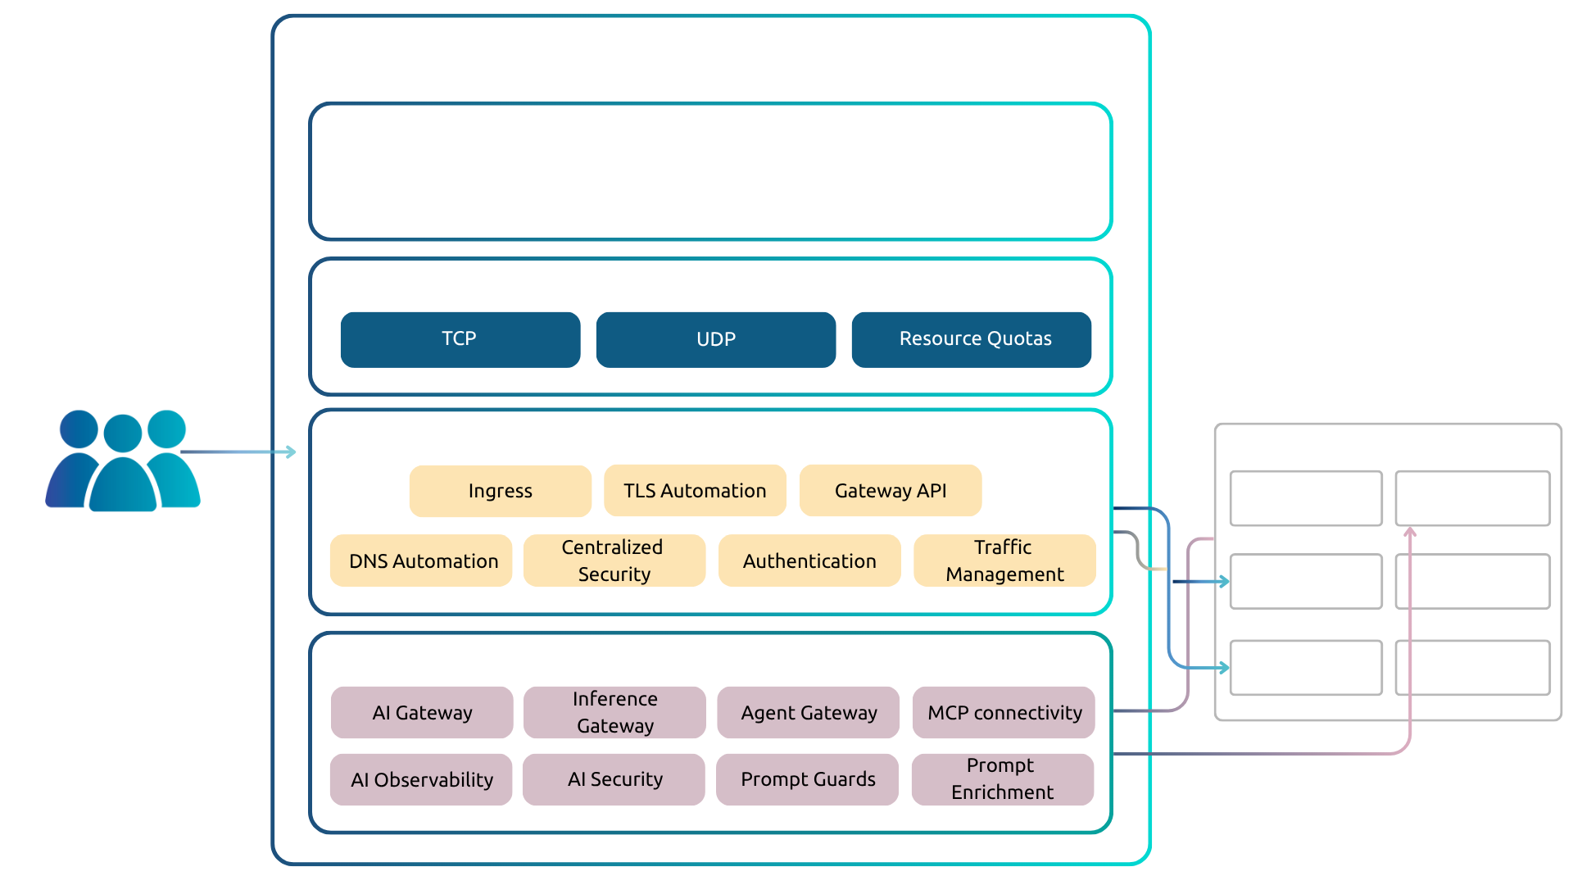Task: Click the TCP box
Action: pyautogui.click(x=460, y=339)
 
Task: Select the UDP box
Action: pyautogui.click(x=715, y=339)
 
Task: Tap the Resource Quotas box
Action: pyautogui.click(x=971, y=339)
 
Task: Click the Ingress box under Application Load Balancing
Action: pyautogui.click(x=500, y=491)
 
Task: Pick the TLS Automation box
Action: pyautogui.click(x=695, y=491)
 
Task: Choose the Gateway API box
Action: pyautogui.click(x=890, y=491)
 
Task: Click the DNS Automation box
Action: pyautogui.click(x=421, y=560)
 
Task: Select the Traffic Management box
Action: pyautogui.click(x=1004, y=560)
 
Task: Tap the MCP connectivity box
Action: pyautogui.click(x=1004, y=712)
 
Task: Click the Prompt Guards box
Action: pyautogui.click(x=807, y=779)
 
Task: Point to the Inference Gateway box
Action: pyautogui.click(x=614, y=712)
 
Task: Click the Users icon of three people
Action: pyautogui.click(x=123, y=461)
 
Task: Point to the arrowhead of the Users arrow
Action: pyautogui.click(x=292, y=452)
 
